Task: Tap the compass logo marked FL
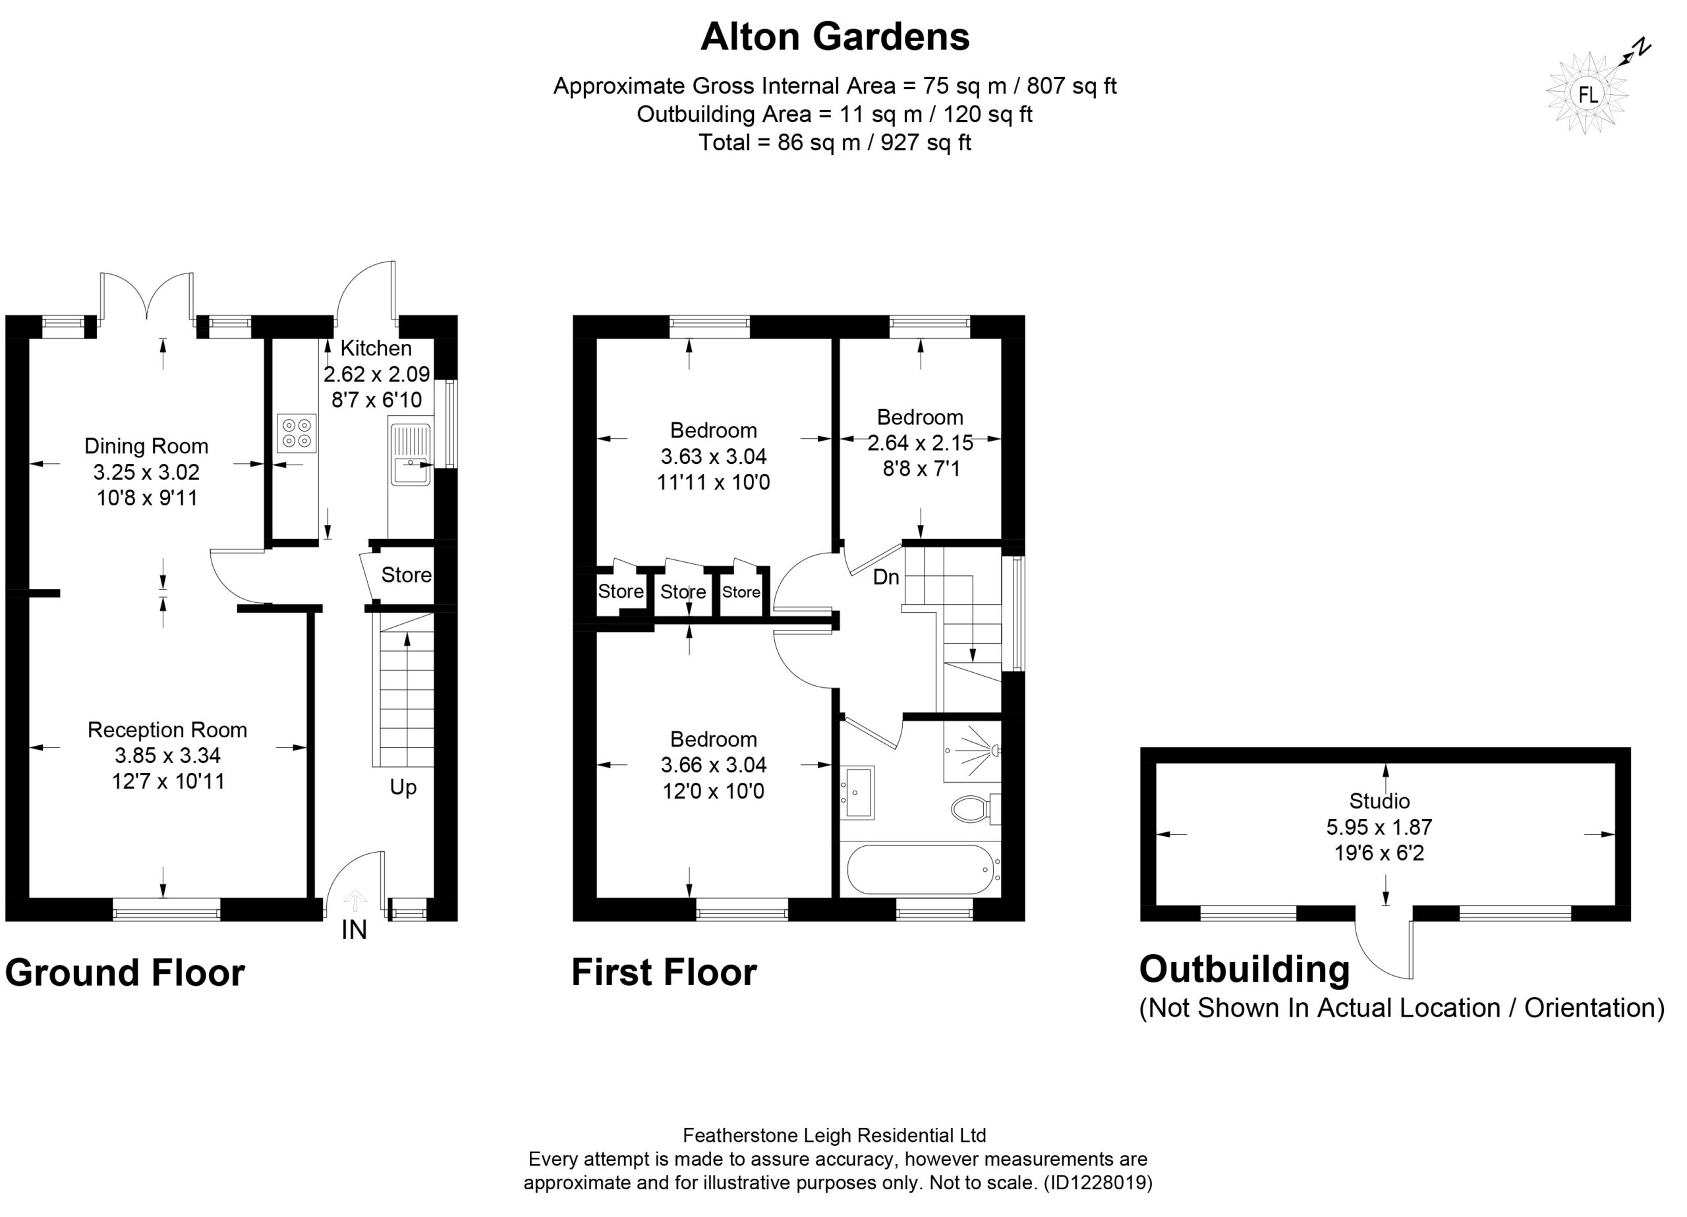click(x=1587, y=94)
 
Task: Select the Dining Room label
click(x=146, y=446)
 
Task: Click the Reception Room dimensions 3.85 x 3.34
click(x=167, y=756)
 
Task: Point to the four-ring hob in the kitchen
click(x=297, y=434)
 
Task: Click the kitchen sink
click(x=410, y=455)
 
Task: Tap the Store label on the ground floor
click(x=406, y=575)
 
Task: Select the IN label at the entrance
click(x=354, y=930)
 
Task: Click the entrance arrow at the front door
click(x=355, y=900)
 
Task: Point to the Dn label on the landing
click(x=886, y=577)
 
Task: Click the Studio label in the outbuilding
click(x=1380, y=801)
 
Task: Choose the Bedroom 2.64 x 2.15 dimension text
click(x=920, y=443)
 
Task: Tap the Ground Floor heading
click(x=125, y=973)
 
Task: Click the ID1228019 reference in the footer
click(x=1099, y=1183)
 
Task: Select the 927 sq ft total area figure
click(x=926, y=142)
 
